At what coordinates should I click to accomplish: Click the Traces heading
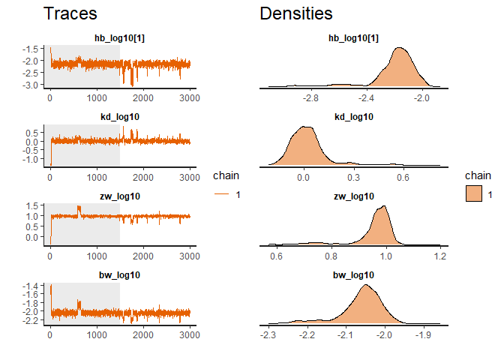(x=70, y=13)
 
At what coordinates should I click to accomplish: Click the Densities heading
(x=296, y=13)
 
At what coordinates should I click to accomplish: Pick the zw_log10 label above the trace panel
(x=120, y=196)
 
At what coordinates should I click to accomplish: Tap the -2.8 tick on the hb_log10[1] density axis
(x=310, y=97)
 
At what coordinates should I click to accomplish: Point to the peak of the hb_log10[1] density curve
(x=401, y=48)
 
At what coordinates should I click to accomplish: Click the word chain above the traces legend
(x=226, y=178)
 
